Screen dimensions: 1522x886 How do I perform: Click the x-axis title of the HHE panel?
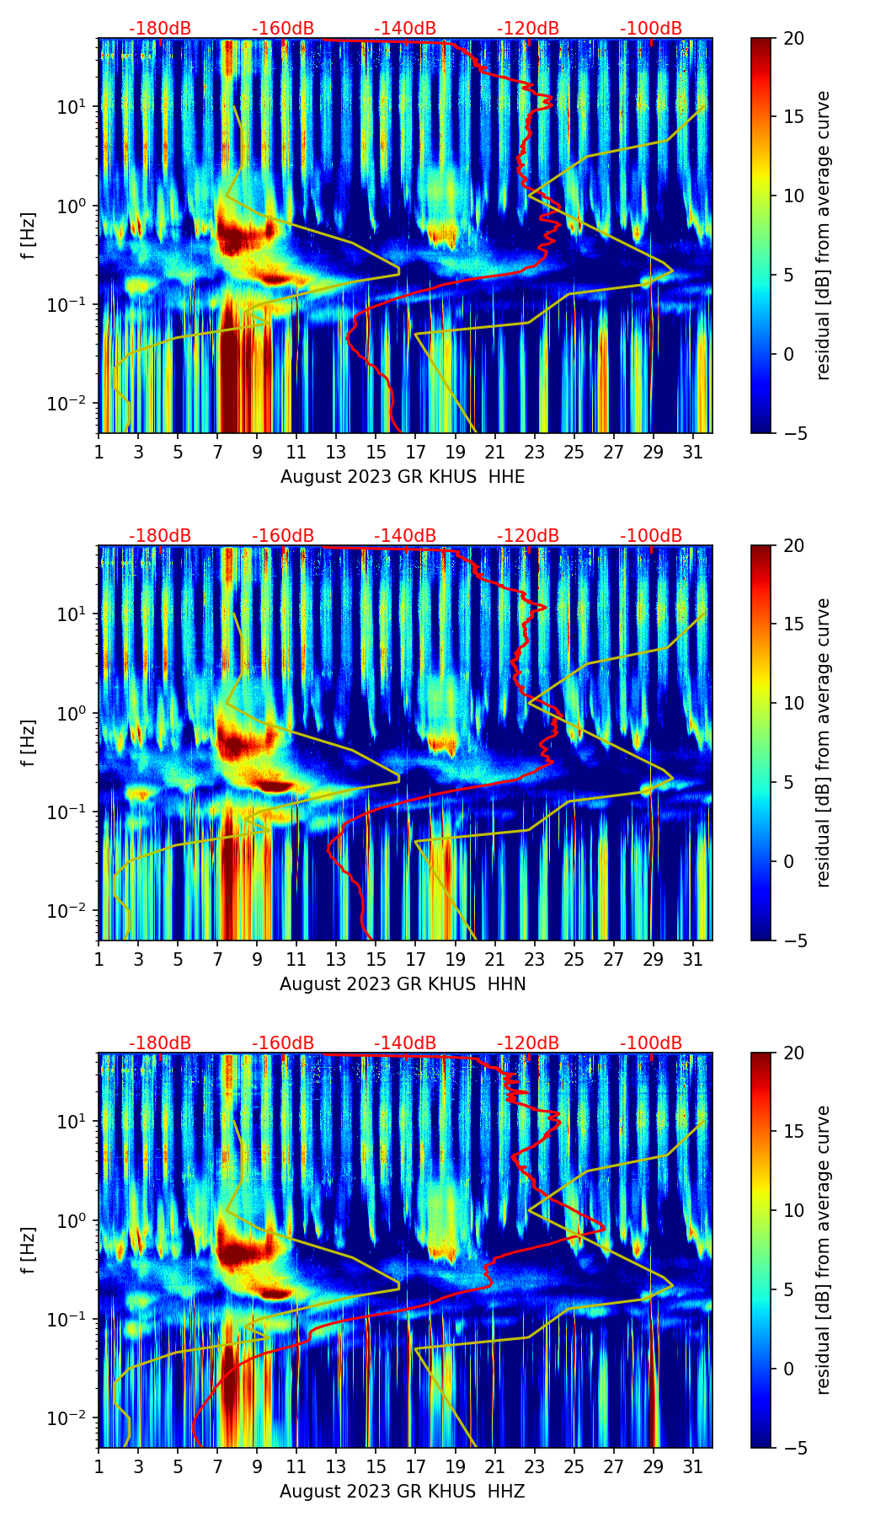(403, 477)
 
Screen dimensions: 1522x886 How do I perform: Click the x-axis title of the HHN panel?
(403, 984)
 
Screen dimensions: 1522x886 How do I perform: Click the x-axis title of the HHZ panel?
(403, 1492)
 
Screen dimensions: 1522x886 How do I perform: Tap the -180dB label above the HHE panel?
(160, 29)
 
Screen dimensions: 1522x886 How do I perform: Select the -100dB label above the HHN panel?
(651, 536)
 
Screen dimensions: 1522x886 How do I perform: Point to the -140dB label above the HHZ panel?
(405, 1043)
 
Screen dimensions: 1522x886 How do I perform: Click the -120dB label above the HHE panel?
(528, 29)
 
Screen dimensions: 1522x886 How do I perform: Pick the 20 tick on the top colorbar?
(793, 39)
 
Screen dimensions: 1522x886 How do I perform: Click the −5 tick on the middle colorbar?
(793, 941)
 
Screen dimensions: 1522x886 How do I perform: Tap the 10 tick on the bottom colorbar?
(793, 1211)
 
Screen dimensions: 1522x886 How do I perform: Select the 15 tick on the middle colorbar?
(793, 624)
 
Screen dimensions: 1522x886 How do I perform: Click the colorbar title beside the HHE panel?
(823, 235)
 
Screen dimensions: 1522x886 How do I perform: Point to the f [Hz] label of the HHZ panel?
(29, 1251)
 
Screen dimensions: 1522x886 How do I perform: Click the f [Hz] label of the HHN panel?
(29, 743)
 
